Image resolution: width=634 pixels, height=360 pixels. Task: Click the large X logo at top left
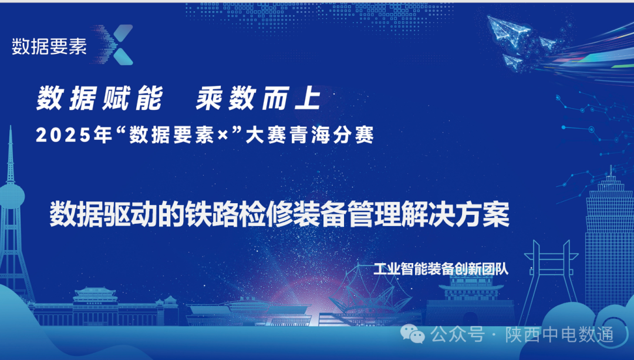click(x=116, y=45)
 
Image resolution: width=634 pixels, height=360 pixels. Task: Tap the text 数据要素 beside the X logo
click(x=49, y=47)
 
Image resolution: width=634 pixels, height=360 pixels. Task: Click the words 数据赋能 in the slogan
click(x=99, y=98)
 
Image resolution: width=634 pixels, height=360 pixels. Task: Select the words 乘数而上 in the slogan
click(x=258, y=98)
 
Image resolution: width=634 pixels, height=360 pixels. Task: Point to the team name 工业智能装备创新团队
click(x=440, y=269)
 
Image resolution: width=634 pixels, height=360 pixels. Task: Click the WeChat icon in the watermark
click(x=417, y=335)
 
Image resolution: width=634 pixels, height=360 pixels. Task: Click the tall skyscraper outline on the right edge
click(x=611, y=235)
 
